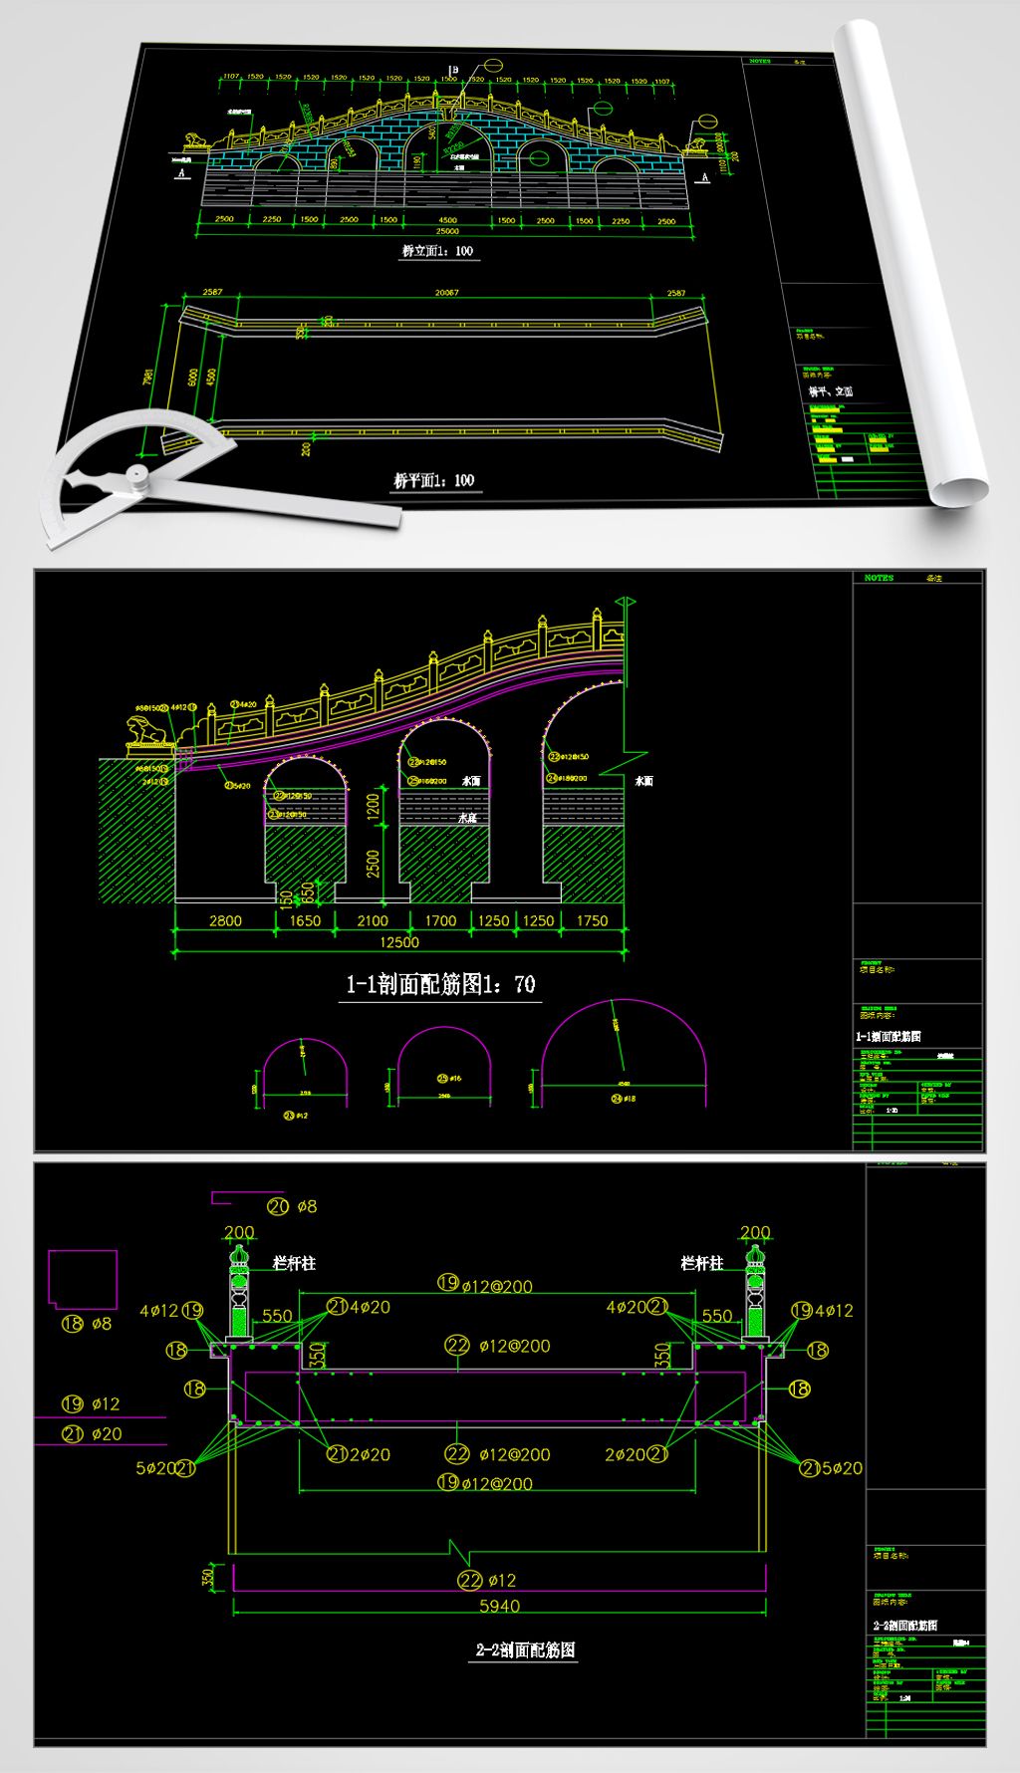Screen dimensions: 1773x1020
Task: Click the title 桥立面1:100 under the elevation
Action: click(x=437, y=251)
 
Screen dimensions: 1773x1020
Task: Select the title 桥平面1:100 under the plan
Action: click(x=434, y=480)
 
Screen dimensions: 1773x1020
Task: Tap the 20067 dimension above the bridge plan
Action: click(x=446, y=293)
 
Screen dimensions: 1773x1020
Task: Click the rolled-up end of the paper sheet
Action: click(x=958, y=489)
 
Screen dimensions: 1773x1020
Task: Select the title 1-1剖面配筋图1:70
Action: click(x=440, y=985)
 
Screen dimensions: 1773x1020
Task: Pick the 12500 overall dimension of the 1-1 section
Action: click(x=398, y=942)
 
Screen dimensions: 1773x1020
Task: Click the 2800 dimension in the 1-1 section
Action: click(x=225, y=921)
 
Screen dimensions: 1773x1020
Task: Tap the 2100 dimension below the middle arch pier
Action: click(x=372, y=921)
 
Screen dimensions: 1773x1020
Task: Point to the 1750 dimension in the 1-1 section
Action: click(x=592, y=921)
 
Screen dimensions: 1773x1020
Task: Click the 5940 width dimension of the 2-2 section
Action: click(x=499, y=1606)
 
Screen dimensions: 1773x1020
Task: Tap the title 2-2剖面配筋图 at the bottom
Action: click(x=524, y=1649)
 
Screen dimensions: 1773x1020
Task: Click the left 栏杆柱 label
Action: click(x=295, y=1263)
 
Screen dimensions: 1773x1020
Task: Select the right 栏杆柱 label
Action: click(x=701, y=1263)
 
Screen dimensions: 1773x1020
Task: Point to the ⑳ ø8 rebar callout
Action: click(x=292, y=1206)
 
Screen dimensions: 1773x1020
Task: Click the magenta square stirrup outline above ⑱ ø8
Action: click(x=84, y=1279)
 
